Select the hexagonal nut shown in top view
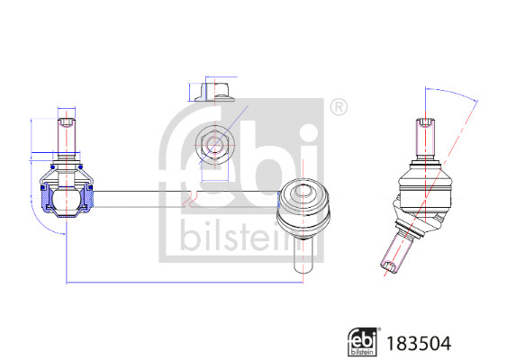pyautogui.click(x=214, y=144)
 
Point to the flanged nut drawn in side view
pyautogui.click(x=214, y=91)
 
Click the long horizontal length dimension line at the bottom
pyautogui.click(x=180, y=283)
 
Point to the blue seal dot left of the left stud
pyautogui.click(x=53, y=166)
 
